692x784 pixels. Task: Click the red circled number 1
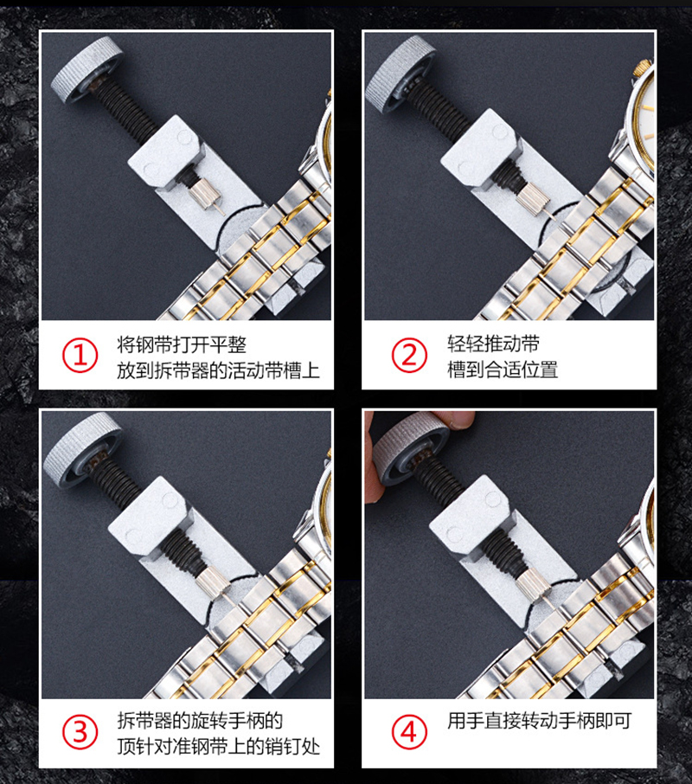click(80, 356)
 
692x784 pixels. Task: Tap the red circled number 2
click(409, 356)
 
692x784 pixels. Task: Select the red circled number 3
click(80, 732)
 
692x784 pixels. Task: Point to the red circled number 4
click(409, 732)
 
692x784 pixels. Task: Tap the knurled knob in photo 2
click(400, 74)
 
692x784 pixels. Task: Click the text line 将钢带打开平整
click(182, 344)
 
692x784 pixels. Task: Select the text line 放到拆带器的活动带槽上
click(218, 370)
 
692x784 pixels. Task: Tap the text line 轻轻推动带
click(493, 344)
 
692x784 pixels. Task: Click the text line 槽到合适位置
click(503, 370)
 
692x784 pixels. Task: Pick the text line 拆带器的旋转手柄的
click(200, 721)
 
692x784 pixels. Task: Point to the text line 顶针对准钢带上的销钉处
click(218, 747)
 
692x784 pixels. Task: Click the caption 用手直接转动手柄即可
click(539, 721)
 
